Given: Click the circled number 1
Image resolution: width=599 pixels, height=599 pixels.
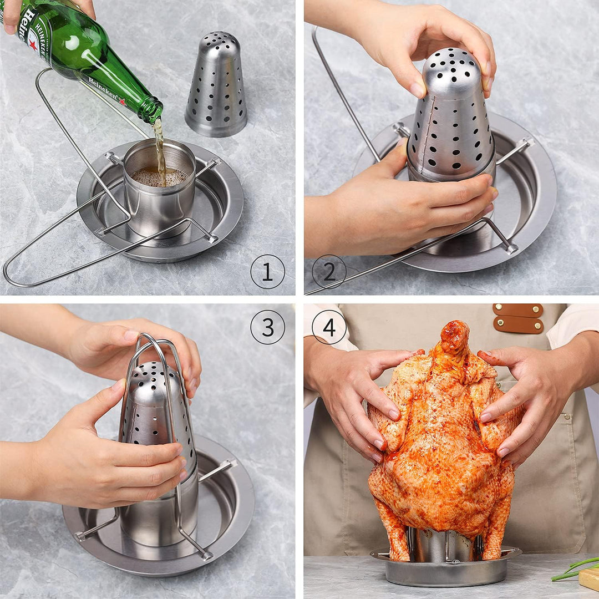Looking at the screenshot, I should coord(267,272).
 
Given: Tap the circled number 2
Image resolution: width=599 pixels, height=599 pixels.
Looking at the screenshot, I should coord(329,272).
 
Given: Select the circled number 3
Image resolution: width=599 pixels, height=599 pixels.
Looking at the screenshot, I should coord(267,327).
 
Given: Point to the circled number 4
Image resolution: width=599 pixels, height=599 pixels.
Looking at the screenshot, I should coord(329,327).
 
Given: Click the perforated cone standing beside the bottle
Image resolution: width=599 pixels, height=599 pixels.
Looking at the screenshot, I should coord(216,86).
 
